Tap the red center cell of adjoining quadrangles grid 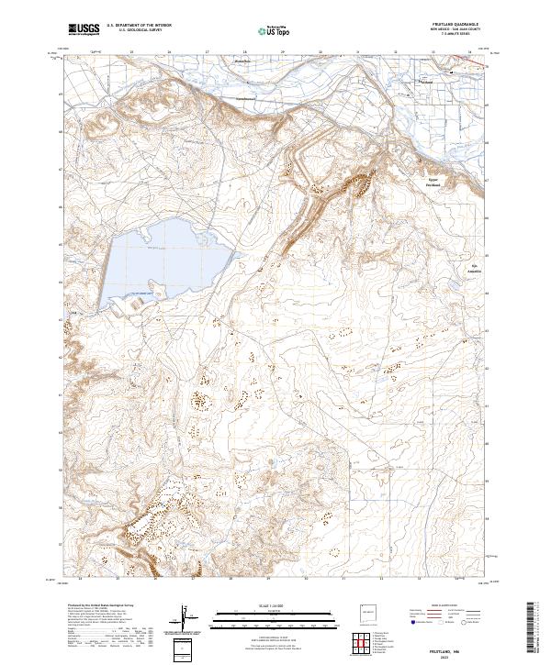pyautogui.click(x=363, y=641)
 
